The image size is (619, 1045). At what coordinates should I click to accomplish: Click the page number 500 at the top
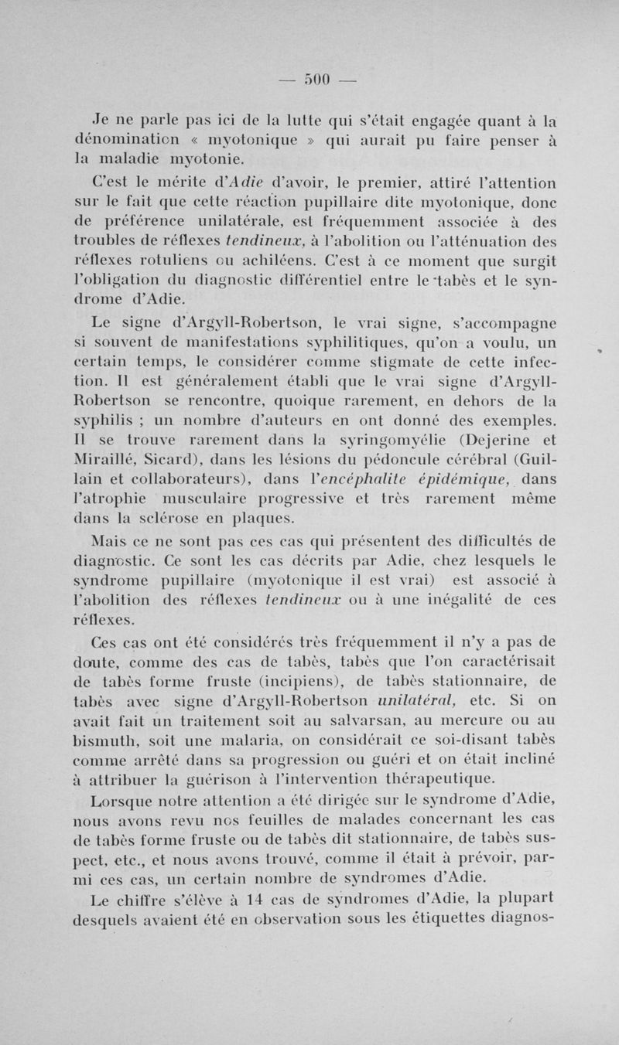pyautogui.click(x=317, y=78)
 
